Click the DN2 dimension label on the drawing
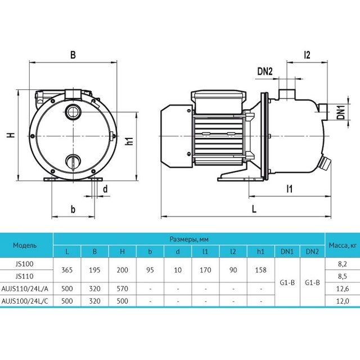coord(265,71)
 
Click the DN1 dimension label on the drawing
coord(341,112)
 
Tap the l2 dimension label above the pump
coord(307,55)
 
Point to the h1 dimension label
coord(130,141)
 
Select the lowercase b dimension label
coord(73,209)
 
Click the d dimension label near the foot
coord(105,189)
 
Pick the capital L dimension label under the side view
coord(254,209)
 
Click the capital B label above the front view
coord(73,55)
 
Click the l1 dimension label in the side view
coord(290,189)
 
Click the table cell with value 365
coord(67,270)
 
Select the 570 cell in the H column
coord(122,289)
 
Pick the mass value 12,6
coord(343,289)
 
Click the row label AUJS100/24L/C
coord(25,301)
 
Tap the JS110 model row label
coord(25,276)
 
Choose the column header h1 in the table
coord(260,251)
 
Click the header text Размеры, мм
coord(189,240)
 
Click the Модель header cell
coord(25,245)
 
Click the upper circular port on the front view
coord(73,112)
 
